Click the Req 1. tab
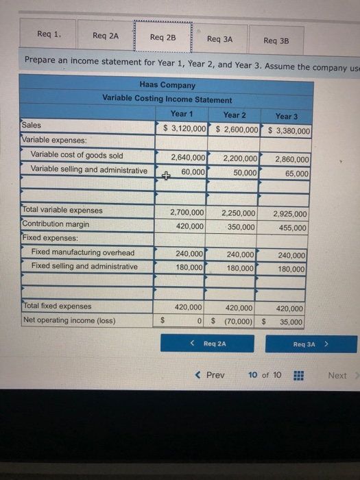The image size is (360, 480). (49, 34)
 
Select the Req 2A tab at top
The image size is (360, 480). (106, 36)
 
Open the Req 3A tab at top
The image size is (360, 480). (219, 39)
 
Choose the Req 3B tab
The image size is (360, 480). (276, 40)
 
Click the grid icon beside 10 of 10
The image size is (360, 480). (298, 375)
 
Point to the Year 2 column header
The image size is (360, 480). (235, 115)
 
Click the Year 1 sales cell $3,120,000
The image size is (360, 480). (184, 129)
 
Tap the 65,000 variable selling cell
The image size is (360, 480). (295, 174)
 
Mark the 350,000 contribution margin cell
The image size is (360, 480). (241, 226)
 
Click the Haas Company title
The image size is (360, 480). (167, 86)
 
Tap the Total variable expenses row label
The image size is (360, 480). (62, 211)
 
